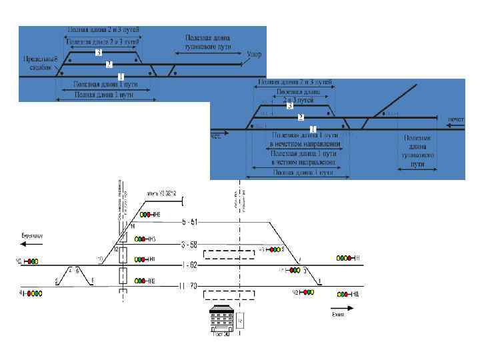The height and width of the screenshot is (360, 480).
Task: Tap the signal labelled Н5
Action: pyautogui.click(x=143, y=215)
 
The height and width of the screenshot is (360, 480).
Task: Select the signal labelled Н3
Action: pyautogui.click(x=143, y=239)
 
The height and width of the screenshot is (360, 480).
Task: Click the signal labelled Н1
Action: pyautogui.click(x=143, y=259)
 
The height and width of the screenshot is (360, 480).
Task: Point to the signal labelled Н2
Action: pyautogui.click(x=143, y=281)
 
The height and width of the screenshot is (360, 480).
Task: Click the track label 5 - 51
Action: pyautogui.click(x=190, y=221)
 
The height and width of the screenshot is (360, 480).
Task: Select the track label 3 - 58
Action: pyautogui.click(x=190, y=245)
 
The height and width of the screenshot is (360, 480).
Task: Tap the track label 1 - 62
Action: pyautogui.click(x=190, y=265)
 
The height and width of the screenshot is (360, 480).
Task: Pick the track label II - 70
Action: pyautogui.click(x=189, y=287)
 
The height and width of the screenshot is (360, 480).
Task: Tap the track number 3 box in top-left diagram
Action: pyautogui.click(x=99, y=52)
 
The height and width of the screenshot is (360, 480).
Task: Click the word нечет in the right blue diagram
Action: pyautogui.click(x=455, y=119)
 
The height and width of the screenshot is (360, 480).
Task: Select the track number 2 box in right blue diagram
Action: pyautogui.click(x=301, y=117)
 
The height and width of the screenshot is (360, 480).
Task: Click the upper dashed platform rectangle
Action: pyautogui.click(x=229, y=253)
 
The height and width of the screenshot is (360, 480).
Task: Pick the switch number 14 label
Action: pyautogui.click(x=123, y=227)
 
